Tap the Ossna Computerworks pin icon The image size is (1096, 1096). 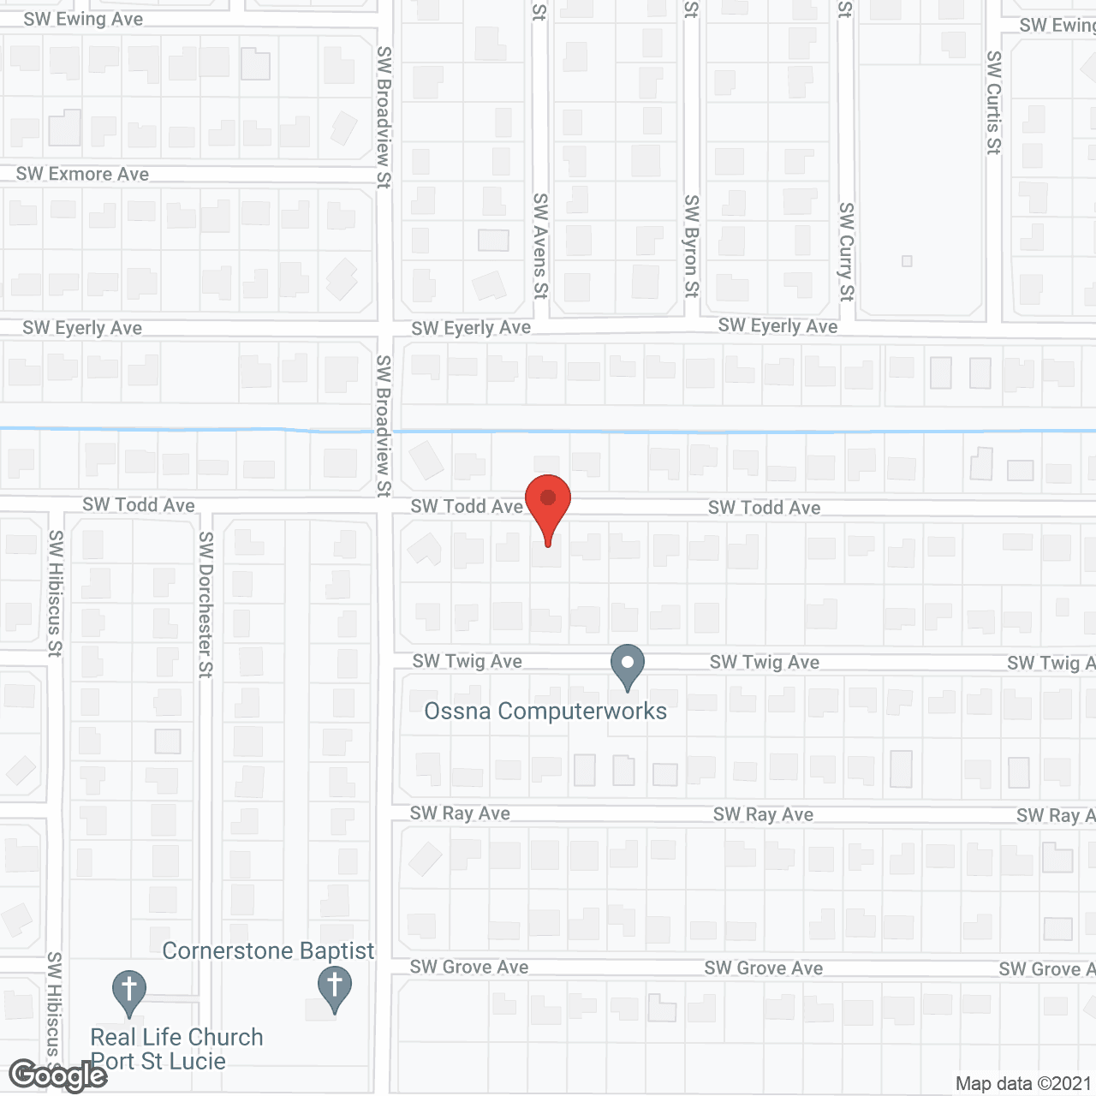pos(627,665)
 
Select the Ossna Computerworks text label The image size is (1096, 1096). pos(545,711)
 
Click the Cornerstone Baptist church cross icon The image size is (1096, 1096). pos(334,986)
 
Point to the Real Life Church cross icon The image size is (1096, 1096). pos(128,991)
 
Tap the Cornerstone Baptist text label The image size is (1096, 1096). pos(268,950)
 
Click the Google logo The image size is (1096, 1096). pos(57,1075)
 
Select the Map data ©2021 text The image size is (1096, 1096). pos(1023,1083)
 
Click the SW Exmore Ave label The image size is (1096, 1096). pos(82,174)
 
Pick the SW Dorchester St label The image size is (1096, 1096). pos(205,605)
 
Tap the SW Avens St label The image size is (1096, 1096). pos(539,246)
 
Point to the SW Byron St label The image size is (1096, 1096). pos(691,247)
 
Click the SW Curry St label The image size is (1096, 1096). pos(846,252)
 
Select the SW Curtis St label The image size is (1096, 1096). pos(993,103)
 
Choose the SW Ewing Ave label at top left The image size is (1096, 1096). pos(83,19)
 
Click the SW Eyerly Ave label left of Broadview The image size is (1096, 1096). pos(82,328)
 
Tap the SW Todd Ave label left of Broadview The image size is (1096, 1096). pos(139,505)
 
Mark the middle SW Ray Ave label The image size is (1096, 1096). pos(763,814)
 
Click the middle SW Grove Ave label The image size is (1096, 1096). pos(763,968)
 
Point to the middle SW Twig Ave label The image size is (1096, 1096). pos(764,662)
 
